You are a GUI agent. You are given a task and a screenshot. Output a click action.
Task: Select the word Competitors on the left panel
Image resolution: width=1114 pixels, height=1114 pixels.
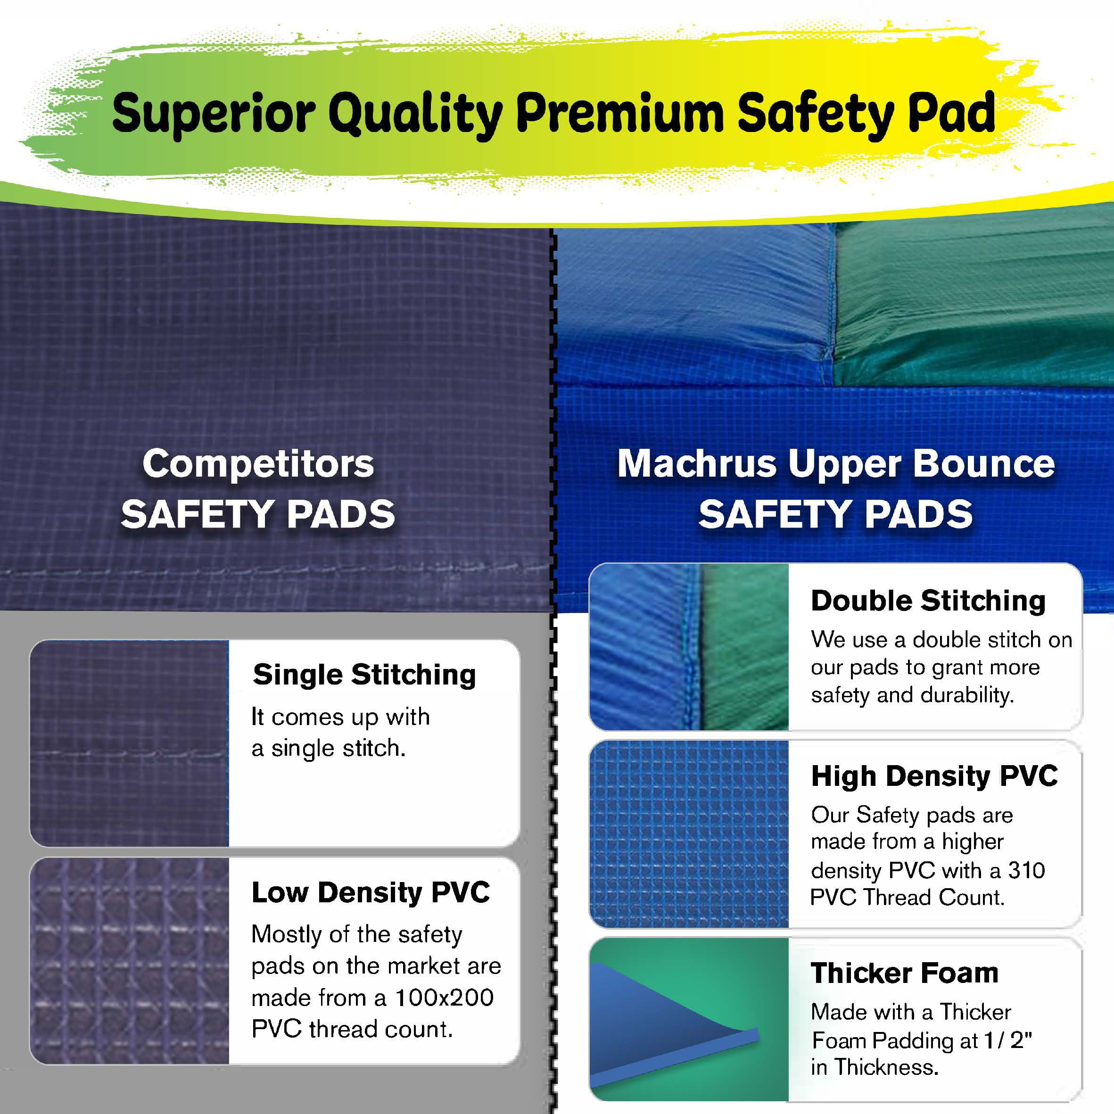[258, 464]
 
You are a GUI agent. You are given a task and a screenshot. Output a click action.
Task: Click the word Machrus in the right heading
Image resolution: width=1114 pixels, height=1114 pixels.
[696, 464]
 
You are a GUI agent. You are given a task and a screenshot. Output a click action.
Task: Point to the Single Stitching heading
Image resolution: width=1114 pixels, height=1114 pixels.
[364, 675]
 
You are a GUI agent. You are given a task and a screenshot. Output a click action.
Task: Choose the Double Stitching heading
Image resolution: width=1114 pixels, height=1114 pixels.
[928, 601]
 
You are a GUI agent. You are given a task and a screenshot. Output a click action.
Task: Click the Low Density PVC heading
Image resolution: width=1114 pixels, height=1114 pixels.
[370, 892]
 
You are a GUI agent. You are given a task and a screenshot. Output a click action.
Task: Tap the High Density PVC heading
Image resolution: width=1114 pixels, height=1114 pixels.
[934, 776]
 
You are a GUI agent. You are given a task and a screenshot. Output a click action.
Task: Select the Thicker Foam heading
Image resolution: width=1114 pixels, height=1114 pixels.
[904, 974]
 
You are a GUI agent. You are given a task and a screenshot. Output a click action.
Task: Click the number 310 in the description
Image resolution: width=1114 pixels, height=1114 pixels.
[1026, 871]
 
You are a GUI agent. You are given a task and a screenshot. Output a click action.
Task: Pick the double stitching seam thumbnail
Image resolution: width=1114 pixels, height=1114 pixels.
[689, 647]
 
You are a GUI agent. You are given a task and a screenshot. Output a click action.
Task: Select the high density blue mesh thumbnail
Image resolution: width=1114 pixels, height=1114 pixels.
[689, 834]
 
